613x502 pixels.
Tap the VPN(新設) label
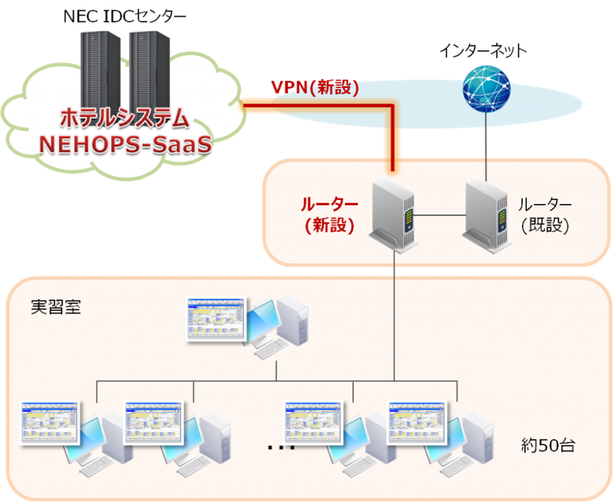point(314,87)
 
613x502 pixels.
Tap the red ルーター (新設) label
point(328,214)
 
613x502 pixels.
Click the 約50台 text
point(547,445)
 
